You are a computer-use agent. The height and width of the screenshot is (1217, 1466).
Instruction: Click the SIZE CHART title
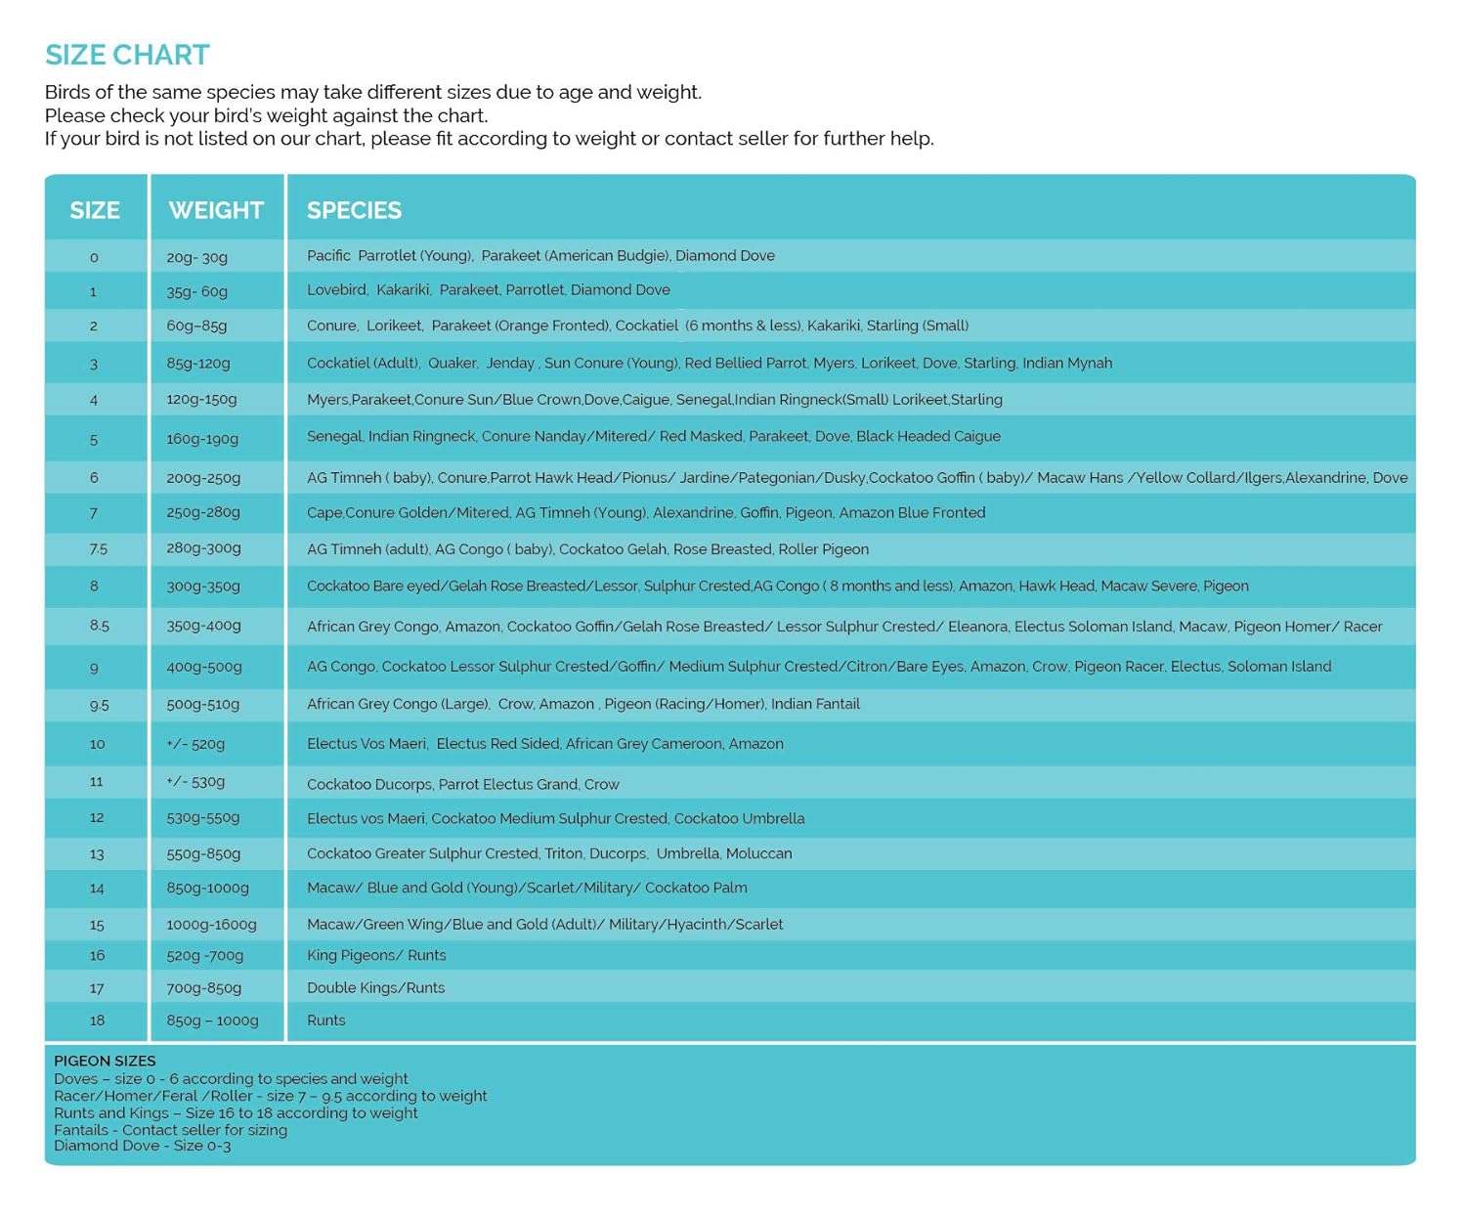point(127,55)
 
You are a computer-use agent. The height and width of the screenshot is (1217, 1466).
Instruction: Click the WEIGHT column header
point(216,210)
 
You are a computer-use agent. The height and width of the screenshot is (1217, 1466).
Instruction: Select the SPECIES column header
point(354,210)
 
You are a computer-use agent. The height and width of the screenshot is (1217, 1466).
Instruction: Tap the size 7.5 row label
point(98,549)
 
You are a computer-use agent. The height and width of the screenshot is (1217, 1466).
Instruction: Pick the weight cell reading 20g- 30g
point(196,257)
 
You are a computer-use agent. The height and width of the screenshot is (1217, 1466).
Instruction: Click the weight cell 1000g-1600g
point(211,924)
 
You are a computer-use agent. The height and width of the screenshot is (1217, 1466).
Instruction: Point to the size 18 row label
point(97,1021)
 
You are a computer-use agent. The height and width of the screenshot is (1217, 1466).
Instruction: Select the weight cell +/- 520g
point(195,744)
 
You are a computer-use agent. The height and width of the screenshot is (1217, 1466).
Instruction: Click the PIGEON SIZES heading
point(105,1061)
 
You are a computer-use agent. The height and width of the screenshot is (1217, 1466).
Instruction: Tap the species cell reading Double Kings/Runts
point(375,988)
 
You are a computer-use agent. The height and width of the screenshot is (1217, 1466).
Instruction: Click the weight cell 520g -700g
point(204,956)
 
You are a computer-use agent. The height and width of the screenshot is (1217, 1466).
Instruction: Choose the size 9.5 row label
point(99,705)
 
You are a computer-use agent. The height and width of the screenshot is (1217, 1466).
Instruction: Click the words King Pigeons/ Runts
point(376,956)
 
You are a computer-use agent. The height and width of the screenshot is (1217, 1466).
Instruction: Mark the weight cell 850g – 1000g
point(212,1021)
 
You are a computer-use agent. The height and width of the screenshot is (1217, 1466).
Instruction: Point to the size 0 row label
point(94,257)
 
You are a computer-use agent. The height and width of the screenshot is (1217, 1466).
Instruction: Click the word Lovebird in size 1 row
point(336,290)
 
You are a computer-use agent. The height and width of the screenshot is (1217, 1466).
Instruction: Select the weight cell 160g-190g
point(202,439)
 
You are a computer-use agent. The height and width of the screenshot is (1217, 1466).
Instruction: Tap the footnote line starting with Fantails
point(170,1130)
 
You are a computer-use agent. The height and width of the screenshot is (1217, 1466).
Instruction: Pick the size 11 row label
point(96,782)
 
